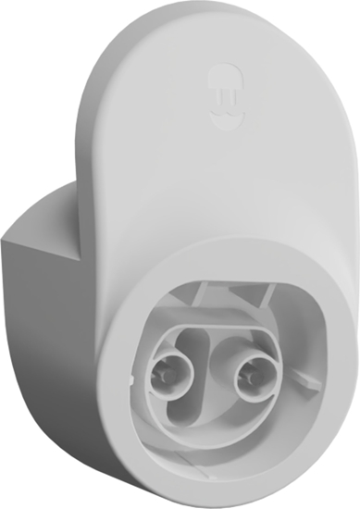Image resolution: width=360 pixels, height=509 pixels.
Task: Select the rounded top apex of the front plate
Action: point(185,11)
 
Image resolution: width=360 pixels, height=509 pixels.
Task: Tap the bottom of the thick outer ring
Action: point(222,481)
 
